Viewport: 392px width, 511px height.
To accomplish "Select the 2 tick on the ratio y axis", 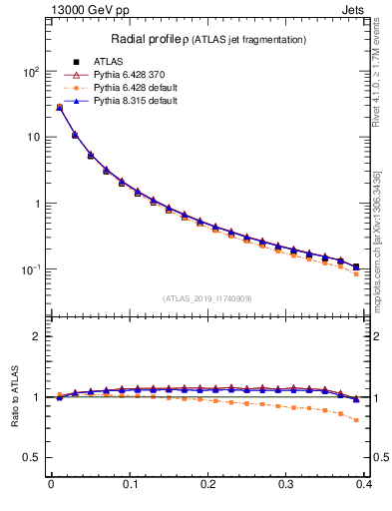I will [37, 336].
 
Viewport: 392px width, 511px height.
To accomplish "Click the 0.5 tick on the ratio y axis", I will [32, 458].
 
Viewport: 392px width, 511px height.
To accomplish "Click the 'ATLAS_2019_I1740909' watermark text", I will [207, 298].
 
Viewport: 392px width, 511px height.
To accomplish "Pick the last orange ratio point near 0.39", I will [356, 420].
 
